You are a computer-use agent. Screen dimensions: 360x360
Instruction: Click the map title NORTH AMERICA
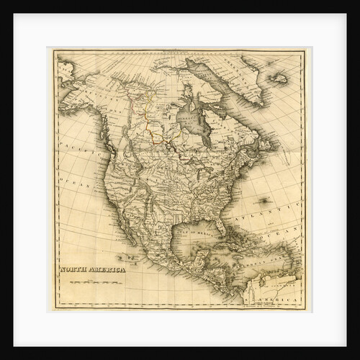[91, 269]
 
